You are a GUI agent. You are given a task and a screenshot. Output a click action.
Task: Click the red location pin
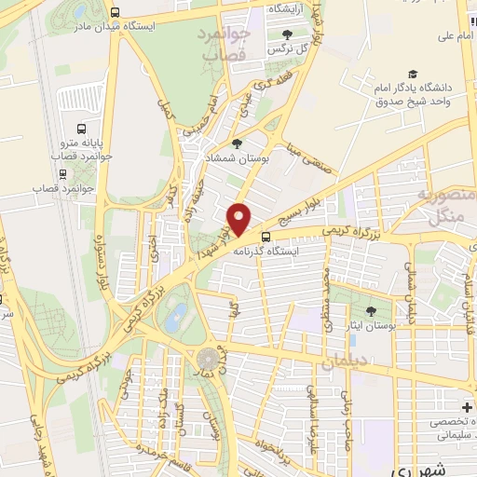(x=240, y=219)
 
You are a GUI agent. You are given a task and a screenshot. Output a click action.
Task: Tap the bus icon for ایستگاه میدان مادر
(x=115, y=13)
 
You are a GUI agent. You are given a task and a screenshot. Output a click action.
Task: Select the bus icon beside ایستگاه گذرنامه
(x=266, y=237)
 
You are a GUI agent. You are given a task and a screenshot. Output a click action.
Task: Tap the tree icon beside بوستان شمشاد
(x=237, y=143)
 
